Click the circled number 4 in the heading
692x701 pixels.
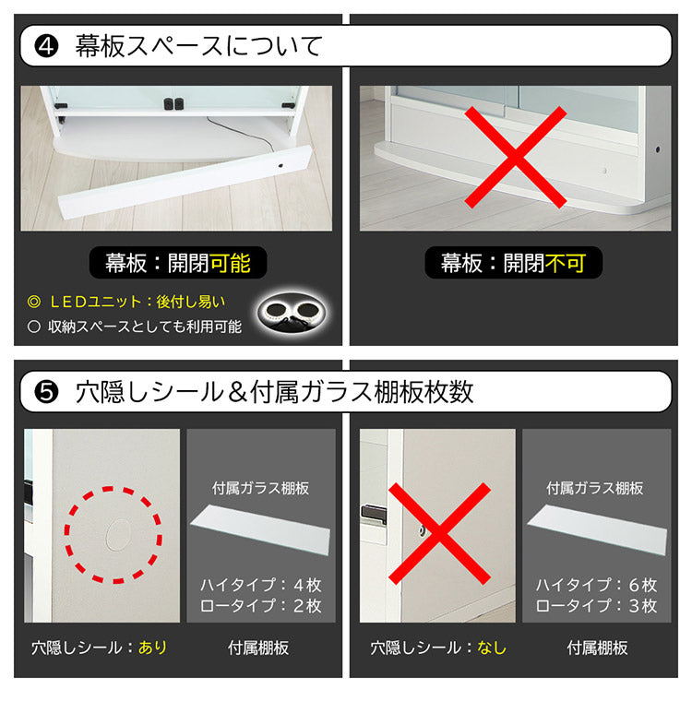pos(46,46)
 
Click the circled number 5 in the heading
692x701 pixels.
pos(46,392)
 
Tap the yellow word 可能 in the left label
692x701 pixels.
pos(230,264)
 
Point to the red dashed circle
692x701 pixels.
pos(113,535)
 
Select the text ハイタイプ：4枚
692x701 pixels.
pos(261,585)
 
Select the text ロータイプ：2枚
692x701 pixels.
pos(261,606)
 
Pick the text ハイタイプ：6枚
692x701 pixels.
pos(596,585)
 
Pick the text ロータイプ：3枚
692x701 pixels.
pos(596,606)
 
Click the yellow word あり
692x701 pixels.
pos(153,648)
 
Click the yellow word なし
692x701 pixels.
pos(492,648)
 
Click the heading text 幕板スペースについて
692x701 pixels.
pos(198,46)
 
